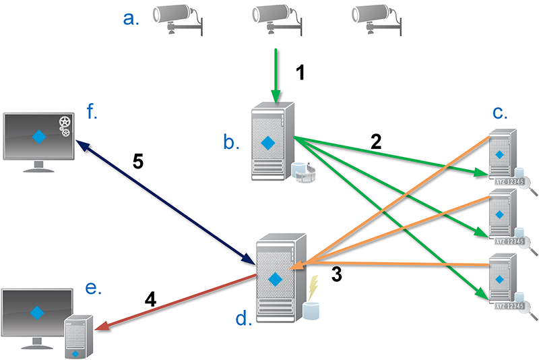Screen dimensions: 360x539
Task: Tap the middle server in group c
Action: coord(500,216)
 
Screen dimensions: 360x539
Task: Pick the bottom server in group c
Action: coord(500,280)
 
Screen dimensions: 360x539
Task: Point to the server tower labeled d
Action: coord(276,277)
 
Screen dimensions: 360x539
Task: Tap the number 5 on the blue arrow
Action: coord(137,163)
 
